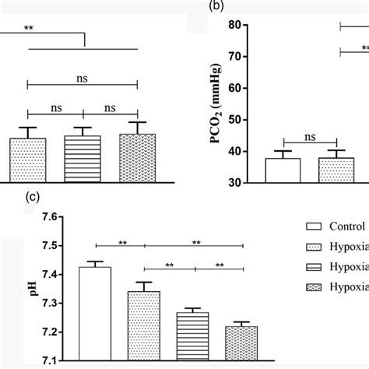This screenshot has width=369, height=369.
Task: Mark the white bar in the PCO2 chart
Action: [x=283, y=170]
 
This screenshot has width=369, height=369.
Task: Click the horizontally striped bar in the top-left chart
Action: [x=83, y=160]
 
